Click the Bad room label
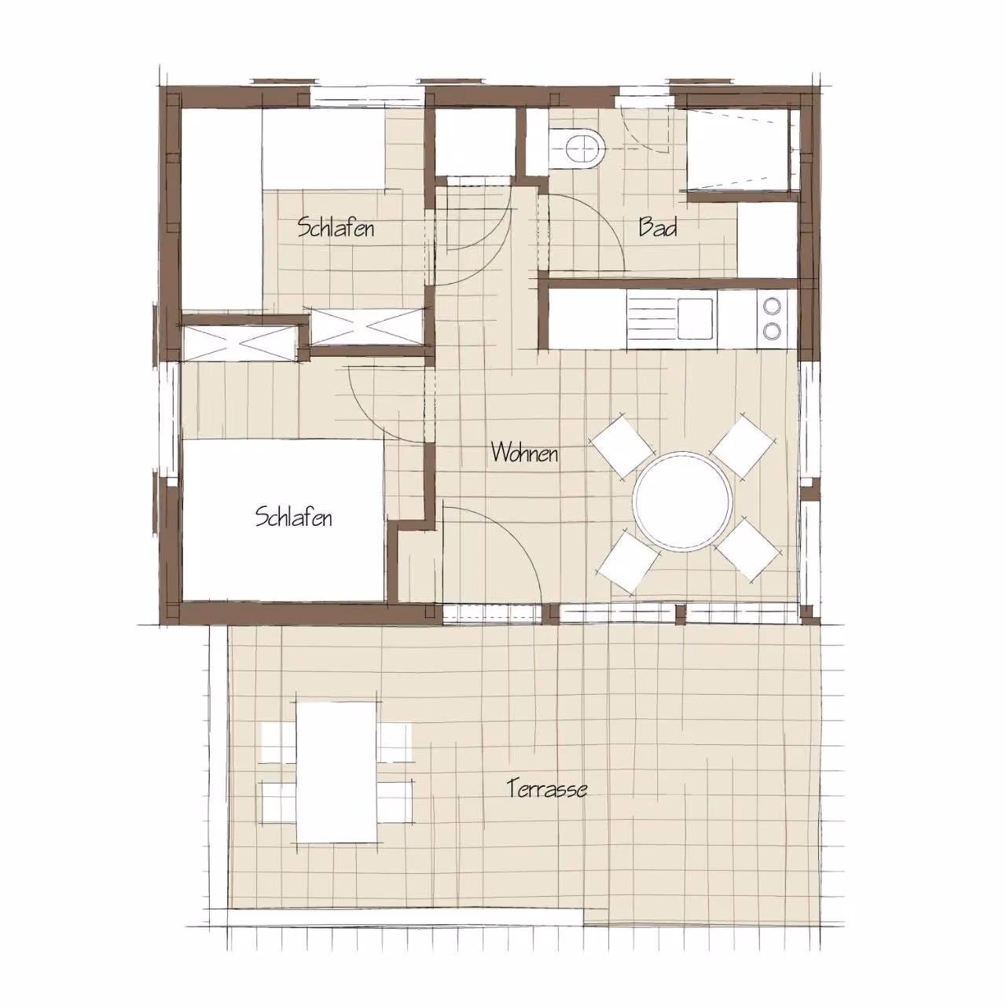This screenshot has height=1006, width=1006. click(x=658, y=227)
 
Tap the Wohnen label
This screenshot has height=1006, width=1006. click(x=524, y=452)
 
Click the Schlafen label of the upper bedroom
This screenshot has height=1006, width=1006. click(x=336, y=227)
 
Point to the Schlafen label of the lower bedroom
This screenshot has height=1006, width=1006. click(x=293, y=517)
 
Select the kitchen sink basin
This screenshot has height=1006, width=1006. click(x=696, y=318)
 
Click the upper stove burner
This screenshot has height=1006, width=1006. click(x=772, y=306)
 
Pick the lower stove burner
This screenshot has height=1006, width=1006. click(x=772, y=330)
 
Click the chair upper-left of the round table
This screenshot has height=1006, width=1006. click(x=622, y=446)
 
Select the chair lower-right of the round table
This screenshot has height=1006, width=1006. click(x=748, y=549)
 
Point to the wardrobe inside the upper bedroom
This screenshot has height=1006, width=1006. click(x=367, y=327)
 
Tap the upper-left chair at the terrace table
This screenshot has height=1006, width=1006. click(x=279, y=743)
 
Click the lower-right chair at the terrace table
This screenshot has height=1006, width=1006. click(x=395, y=810)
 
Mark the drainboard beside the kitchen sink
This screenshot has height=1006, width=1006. click(x=652, y=319)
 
